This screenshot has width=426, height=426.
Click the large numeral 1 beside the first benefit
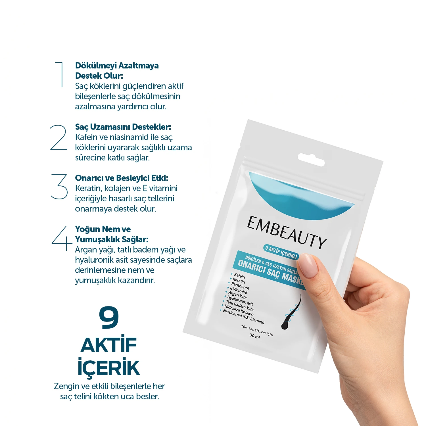tap(60, 74)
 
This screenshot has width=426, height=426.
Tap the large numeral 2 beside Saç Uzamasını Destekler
tap(59, 138)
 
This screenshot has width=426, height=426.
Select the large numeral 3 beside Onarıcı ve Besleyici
tap(59, 187)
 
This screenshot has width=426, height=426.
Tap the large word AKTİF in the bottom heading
tap(109, 345)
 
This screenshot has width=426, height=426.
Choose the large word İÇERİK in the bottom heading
tap(109, 367)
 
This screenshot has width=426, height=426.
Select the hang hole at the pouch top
tap(311, 160)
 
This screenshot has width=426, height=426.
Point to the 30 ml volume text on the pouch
tap(255, 336)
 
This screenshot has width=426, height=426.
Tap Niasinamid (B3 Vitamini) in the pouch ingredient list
tap(243, 316)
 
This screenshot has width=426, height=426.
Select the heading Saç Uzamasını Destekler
tap(123, 127)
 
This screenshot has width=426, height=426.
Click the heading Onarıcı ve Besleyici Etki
tap(122, 178)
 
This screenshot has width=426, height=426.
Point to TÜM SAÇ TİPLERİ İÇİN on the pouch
tap(257, 331)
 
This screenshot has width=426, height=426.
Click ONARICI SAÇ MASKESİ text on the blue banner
tap(270, 272)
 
